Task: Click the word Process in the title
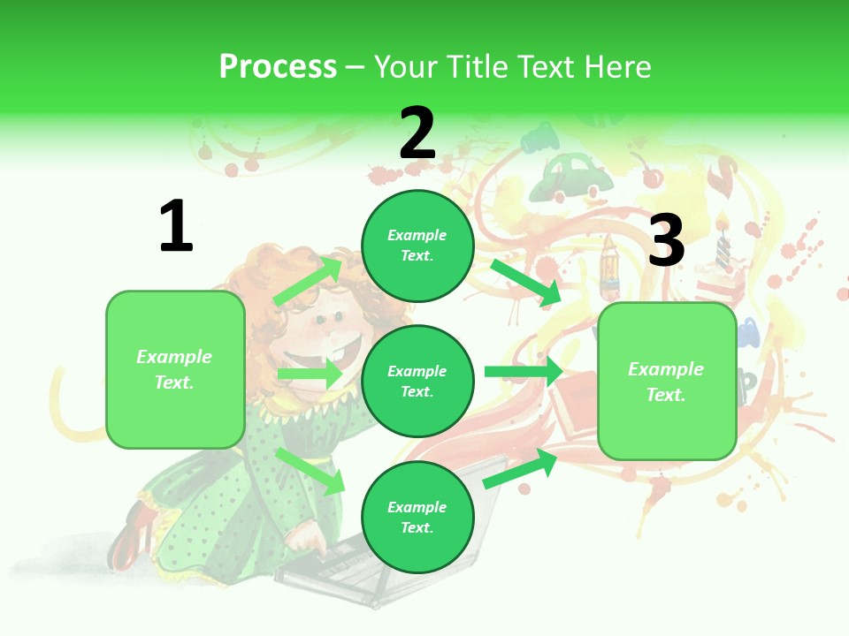[x=278, y=66]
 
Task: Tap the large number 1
[x=175, y=227]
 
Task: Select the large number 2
[x=417, y=132]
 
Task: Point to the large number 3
[x=666, y=240]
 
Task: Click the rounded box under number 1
[x=175, y=369]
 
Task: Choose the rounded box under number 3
[x=667, y=381]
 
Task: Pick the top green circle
[x=417, y=246]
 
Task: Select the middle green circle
[x=417, y=381]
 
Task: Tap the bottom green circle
[x=417, y=517]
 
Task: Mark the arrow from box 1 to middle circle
[x=310, y=375]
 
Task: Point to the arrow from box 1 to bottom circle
[x=310, y=470]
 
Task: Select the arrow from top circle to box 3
[x=525, y=281]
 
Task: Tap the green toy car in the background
[x=577, y=177]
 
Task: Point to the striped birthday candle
[x=723, y=243]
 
